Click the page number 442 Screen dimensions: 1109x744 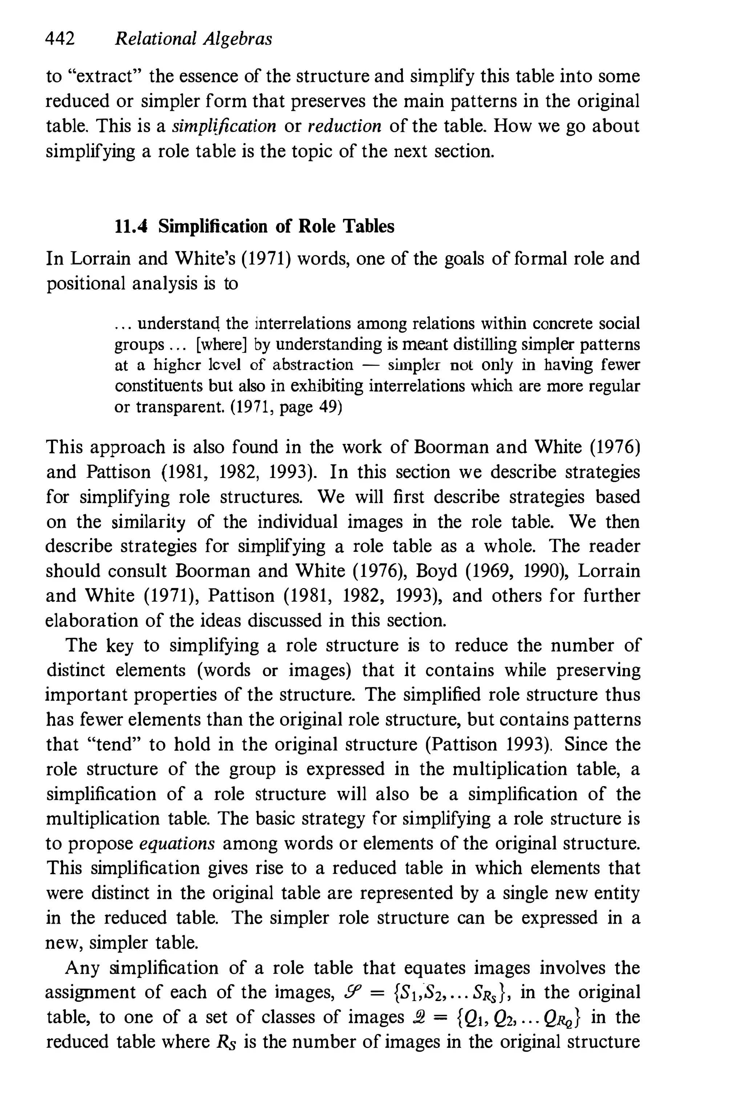[x=60, y=39]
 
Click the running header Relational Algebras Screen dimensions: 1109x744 [x=194, y=39]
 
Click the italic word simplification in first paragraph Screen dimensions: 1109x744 [x=224, y=126]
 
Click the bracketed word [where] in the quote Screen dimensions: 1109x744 [x=222, y=344]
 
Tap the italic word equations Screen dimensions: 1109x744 [x=177, y=843]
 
